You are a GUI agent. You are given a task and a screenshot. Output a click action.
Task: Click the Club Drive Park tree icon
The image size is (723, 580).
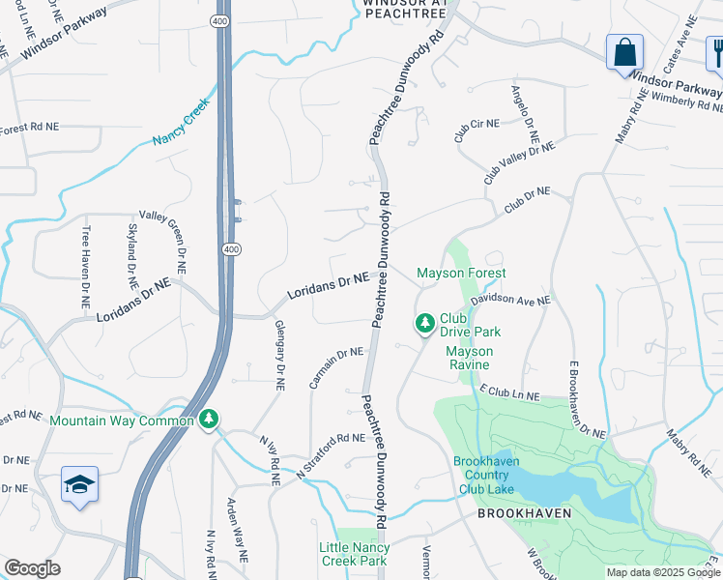tap(424, 324)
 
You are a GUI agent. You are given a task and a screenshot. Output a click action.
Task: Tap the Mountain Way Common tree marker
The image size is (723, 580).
tap(209, 420)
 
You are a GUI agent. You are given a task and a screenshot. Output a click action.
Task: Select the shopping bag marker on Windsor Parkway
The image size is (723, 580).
tap(624, 51)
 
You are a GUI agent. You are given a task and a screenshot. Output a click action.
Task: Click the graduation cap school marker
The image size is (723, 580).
tap(79, 484)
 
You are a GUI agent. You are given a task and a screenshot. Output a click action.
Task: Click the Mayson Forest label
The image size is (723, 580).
tap(461, 274)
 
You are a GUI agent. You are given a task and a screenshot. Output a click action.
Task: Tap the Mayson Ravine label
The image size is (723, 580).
tap(470, 358)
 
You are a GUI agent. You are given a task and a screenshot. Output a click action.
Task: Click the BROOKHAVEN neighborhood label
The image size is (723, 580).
tap(524, 513)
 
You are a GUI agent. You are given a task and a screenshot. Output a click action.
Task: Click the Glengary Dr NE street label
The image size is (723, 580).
tap(278, 355)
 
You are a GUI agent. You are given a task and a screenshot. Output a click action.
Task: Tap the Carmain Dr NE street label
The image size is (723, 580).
tap(335, 368)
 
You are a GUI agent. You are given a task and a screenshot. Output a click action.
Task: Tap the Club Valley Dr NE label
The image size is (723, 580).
tap(519, 162)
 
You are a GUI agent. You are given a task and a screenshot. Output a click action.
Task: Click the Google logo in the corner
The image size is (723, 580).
tap(32, 568)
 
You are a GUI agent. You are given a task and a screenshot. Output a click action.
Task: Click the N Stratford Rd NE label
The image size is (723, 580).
tap(329, 457)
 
